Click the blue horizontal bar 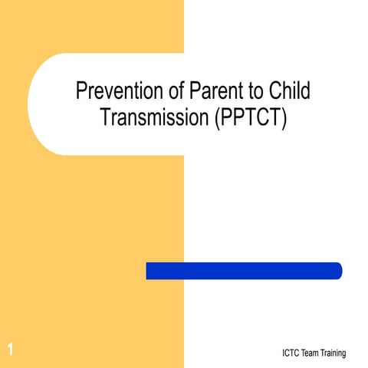(244, 271)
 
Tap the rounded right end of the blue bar (337, 271)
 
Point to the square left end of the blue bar (149, 271)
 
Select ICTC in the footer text (293, 353)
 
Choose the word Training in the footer (335, 353)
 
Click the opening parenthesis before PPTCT (206, 119)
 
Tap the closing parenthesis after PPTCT (284, 119)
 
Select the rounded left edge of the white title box (31, 104)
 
